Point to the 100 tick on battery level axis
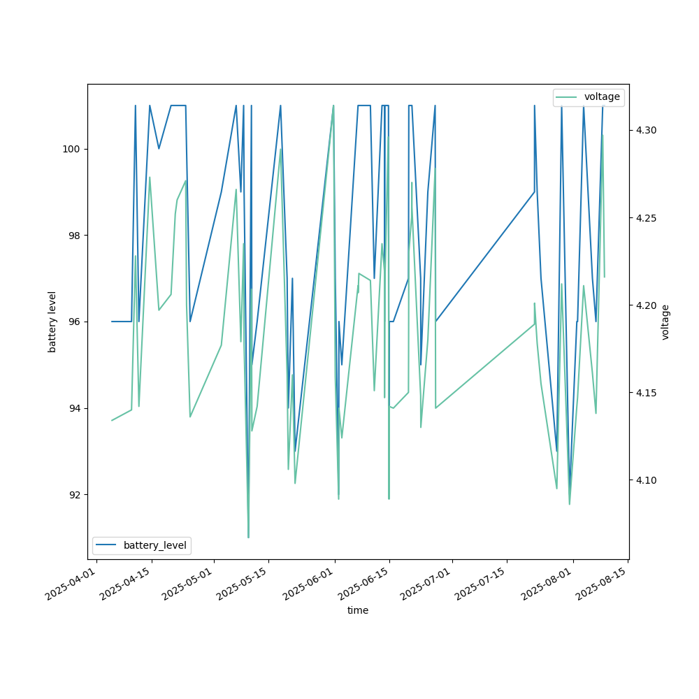73,149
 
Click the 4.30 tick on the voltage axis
647,130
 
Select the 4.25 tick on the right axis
647,218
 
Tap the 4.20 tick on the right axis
647,305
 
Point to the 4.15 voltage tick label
647,393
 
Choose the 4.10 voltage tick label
647,480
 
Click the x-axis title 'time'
358,610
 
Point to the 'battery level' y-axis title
52,322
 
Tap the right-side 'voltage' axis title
665,322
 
